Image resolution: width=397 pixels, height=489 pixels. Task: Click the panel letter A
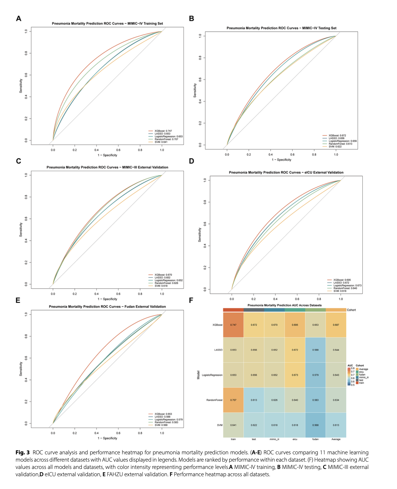(19, 19)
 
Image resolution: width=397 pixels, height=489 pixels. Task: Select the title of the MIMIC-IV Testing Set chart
(281, 28)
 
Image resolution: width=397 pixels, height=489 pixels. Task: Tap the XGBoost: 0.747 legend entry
(163, 131)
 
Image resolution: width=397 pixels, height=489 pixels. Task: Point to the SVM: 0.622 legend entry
(335, 147)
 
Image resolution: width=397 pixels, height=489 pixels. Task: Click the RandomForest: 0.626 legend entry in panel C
(166, 283)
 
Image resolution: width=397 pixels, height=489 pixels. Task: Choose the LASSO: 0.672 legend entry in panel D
(341, 283)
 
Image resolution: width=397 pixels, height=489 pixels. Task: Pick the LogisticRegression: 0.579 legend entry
(168, 420)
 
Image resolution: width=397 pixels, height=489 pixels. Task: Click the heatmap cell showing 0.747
(233, 325)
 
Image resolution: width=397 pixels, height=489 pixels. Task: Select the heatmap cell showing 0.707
(233, 400)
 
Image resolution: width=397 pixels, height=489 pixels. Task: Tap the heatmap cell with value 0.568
(315, 425)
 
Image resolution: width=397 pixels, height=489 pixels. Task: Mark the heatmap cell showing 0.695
(295, 325)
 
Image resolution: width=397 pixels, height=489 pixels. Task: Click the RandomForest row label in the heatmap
(214, 400)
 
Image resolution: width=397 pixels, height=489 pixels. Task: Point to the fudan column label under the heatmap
(315, 439)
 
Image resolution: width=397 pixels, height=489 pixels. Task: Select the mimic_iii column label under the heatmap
(274, 439)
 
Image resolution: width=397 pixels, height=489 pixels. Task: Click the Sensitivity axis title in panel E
(21, 369)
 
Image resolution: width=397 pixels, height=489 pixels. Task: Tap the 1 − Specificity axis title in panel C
(107, 299)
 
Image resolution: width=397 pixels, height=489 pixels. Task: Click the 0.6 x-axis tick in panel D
(297, 299)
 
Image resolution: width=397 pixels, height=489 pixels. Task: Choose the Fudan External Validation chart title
(107, 307)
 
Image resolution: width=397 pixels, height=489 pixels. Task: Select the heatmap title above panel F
(285, 305)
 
